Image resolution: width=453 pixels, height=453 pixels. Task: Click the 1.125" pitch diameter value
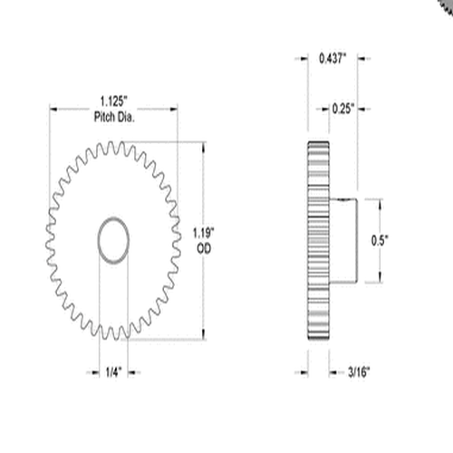tap(113, 103)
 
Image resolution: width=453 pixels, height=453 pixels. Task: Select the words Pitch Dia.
tap(113, 117)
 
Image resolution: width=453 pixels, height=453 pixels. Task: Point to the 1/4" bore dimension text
tap(111, 371)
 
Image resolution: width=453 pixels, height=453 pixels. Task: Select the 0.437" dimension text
tap(332, 59)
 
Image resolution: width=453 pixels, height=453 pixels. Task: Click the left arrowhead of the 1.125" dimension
tap(53, 110)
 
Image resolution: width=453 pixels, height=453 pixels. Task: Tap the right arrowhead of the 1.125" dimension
tap(175, 110)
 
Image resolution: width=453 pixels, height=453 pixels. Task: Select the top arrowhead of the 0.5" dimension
tap(380, 201)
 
